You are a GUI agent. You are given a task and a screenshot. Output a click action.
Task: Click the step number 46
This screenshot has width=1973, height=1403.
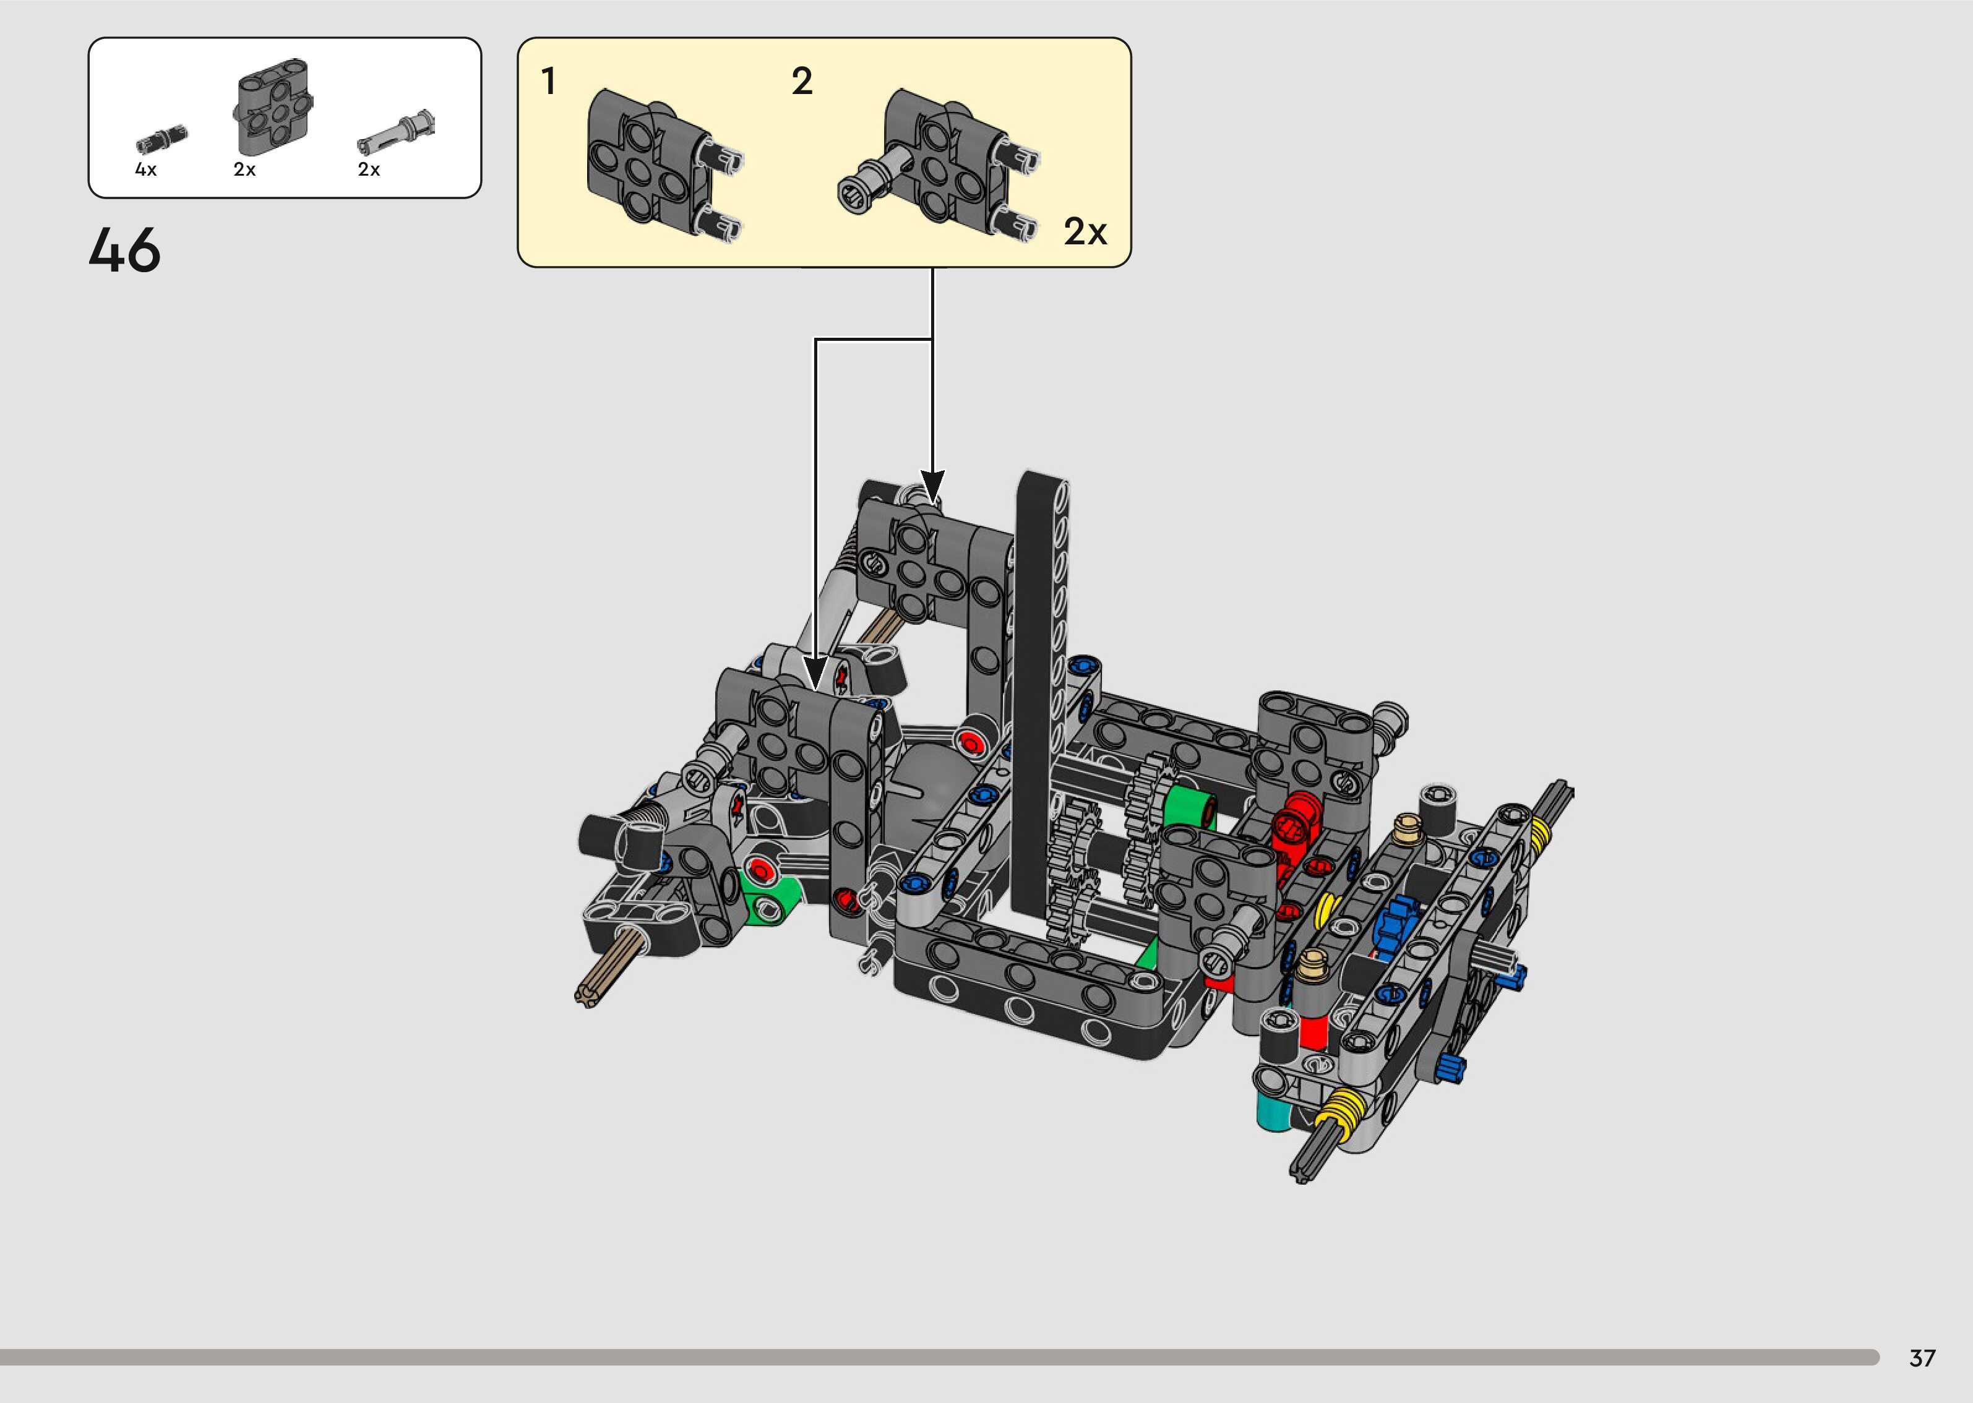[x=124, y=251]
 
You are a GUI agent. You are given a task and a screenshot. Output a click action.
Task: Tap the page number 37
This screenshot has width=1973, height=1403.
[x=1922, y=1358]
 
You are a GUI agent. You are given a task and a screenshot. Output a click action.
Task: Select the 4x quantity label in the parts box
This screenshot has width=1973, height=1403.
[x=146, y=169]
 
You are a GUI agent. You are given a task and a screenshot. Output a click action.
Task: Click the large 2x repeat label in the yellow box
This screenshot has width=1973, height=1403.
[x=1085, y=231]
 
